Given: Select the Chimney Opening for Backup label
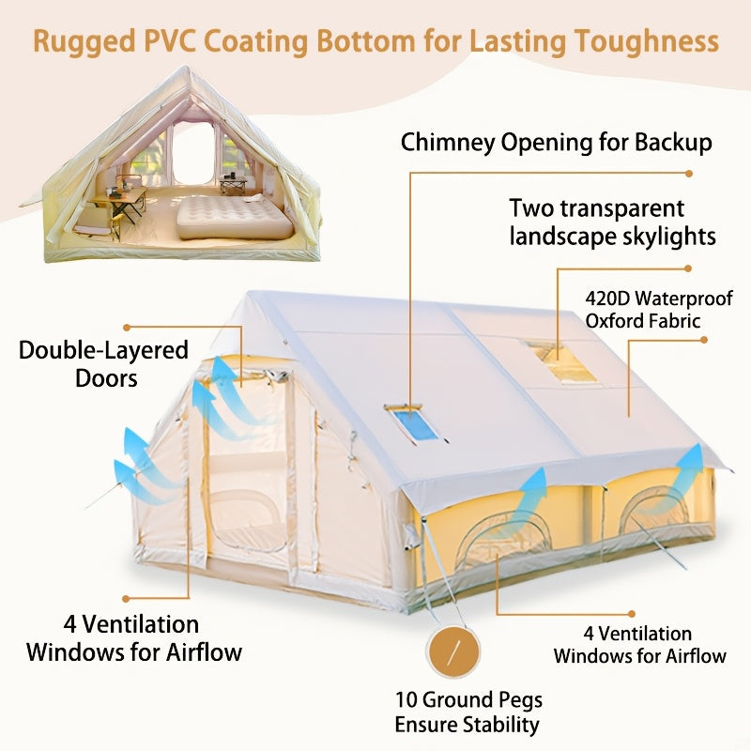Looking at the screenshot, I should pyautogui.click(x=556, y=143).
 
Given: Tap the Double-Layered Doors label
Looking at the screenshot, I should pyautogui.click(x=103, y=363).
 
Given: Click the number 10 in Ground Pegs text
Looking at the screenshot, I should pyautogui.click(x=406, y=700).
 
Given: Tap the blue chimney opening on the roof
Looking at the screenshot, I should pyautogui.click(x=416, y=425).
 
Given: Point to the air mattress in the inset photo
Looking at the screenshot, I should pyautogui.click(x=235, y=215).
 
